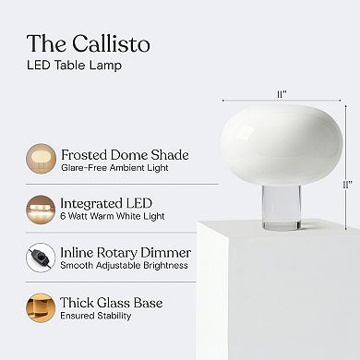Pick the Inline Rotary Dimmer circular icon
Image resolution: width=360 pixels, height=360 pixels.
click(x=42, y=258)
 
